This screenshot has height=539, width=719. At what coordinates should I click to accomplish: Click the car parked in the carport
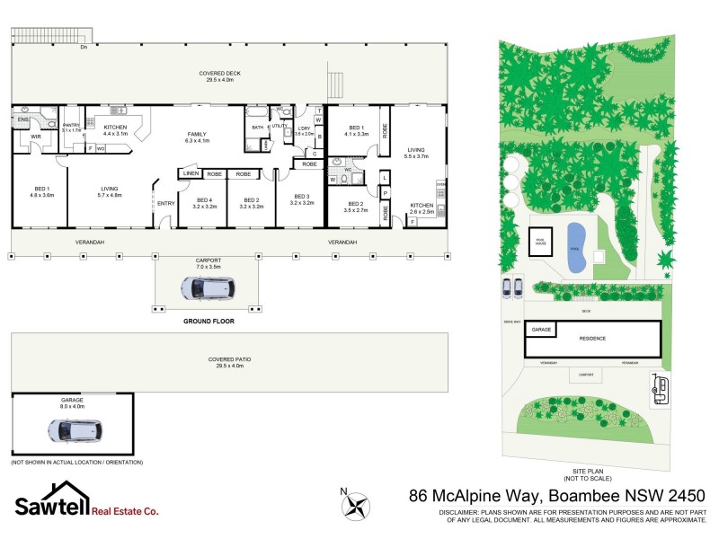[x=208, y=287]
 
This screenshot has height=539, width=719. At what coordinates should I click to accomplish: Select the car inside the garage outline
[x=72, y=429]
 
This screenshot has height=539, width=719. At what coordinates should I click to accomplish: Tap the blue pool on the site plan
[x=575, y=249]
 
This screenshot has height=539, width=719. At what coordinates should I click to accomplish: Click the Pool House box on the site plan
[x=541, y=243]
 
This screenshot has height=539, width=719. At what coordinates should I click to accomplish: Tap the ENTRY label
[x=166, y=203]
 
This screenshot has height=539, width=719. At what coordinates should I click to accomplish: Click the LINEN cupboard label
[x=191, y=173]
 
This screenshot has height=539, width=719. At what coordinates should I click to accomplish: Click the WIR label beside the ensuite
[x=36, y=137]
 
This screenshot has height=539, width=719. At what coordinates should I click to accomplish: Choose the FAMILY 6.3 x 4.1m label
[x=196, y=137]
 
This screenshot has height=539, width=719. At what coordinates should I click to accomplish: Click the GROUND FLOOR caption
[x=209, y=320]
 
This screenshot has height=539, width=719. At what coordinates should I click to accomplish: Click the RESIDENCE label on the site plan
[x=592, y=338]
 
